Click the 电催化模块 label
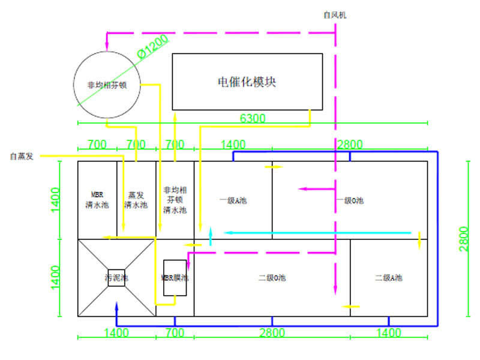click(x=247, y=82)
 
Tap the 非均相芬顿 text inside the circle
click(x=107, y=85)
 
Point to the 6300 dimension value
click(x=253, y=118)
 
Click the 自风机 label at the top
click(x=334, y=14)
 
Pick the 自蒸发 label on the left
click(x=22, y=157)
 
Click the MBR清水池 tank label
click(x=97, y=200)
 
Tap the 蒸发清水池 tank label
click(x=136, y=200)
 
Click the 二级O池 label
click(x=272, y=278)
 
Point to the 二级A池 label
click(x=389, y=278)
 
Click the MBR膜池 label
click(x=175, y=278)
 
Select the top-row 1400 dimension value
click(x=233, y=145)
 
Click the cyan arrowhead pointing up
click(x=211, y=231)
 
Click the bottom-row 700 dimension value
click(x=175, y=332)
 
